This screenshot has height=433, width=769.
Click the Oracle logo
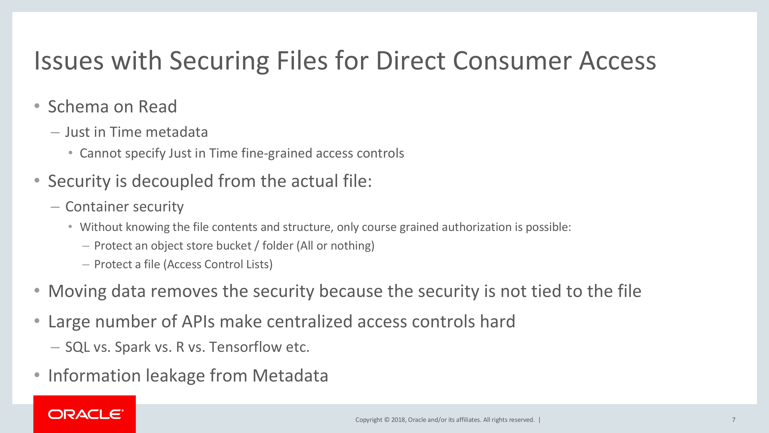[86, 414]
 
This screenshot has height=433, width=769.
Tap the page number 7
[734, 420]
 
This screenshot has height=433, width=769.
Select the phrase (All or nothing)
[335, 246]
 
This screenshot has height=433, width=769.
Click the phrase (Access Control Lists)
[218, 264]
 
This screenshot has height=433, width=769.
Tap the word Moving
[77, 291]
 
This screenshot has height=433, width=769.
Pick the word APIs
[198, 321]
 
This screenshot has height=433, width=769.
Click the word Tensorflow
[245, 347]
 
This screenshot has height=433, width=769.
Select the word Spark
[133, 347]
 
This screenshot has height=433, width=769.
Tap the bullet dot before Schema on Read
[37, 106]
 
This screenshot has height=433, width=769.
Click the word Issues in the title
[69, 61]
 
